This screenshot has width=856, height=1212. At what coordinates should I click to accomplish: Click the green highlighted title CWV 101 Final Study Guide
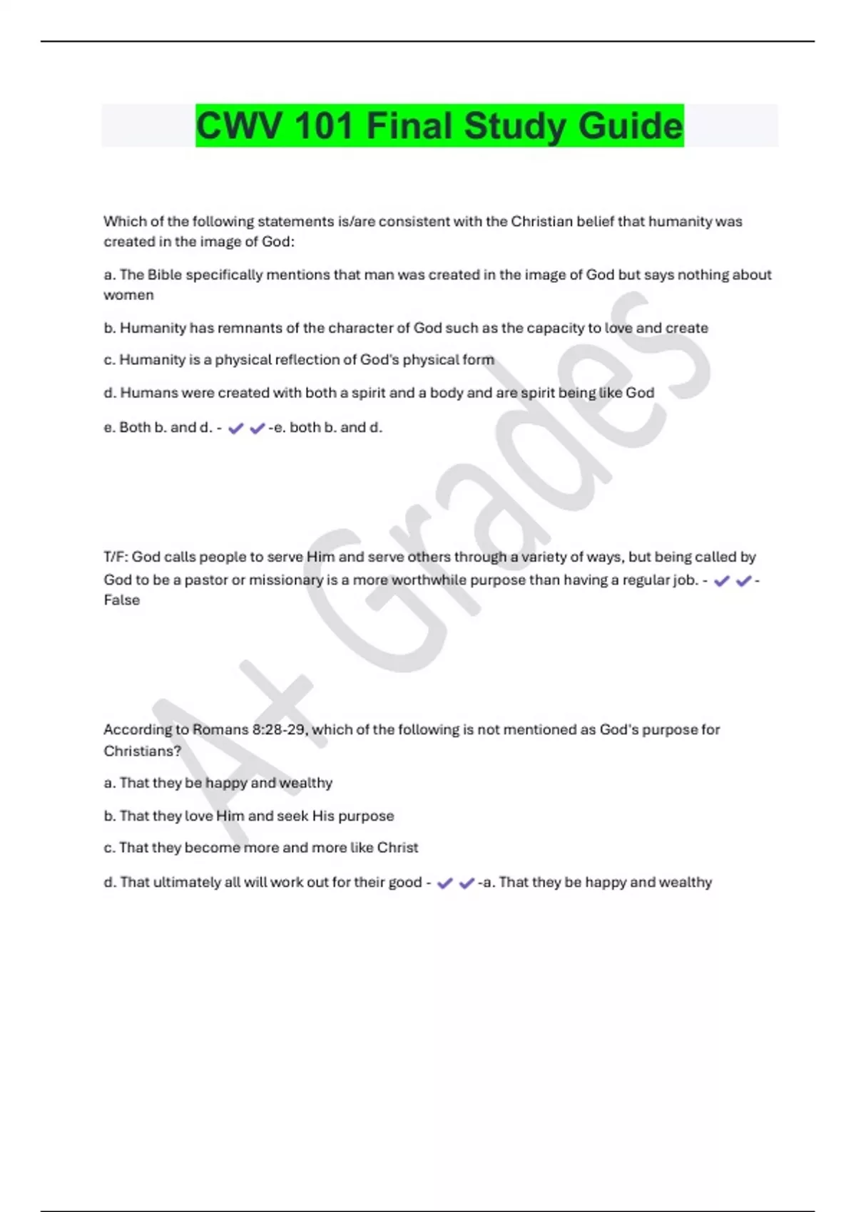click(x=439, y=126)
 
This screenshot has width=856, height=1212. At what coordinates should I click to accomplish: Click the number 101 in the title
click(x=323, y=126)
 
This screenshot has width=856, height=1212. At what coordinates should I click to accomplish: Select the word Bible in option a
click(x=164, y=275)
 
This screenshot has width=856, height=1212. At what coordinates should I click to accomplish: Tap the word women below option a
click(x=128, y=295)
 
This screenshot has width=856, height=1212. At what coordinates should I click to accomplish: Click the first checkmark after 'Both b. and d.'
click(x=236, y=428)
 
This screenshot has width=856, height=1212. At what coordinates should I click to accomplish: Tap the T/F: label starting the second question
click(x=116, y=557)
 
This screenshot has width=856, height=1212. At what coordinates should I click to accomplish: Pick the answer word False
click(x=122, y=600)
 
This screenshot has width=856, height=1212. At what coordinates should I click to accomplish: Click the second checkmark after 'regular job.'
click(x=743, y=581)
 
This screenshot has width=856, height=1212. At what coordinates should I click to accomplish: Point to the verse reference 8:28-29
click(x=278, y=730)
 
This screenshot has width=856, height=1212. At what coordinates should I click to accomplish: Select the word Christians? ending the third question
click(x=142, y=751)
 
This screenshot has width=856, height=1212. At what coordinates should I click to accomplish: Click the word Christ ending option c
click(x=397, y=848)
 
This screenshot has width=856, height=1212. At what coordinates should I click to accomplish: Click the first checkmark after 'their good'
click(x=445, y=883)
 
